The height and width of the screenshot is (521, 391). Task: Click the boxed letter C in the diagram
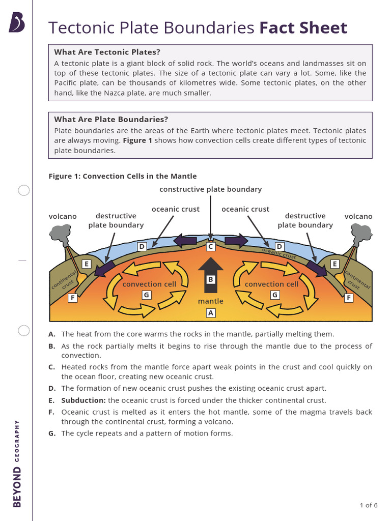(210, 247)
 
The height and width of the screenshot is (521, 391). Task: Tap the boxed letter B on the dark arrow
(210, 279)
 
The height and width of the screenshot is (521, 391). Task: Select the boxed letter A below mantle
(210, 313)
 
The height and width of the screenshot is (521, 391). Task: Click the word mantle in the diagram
(210, 301)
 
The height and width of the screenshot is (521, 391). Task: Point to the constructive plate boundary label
(210, 189)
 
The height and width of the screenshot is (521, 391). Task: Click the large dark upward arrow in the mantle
(210, 275)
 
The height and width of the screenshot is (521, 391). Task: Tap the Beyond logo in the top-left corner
(17, 23)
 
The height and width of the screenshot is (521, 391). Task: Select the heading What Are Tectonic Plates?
(107, 52)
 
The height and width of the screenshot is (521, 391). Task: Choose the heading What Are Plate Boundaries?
(111, 120)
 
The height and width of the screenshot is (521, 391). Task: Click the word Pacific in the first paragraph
(68, 83)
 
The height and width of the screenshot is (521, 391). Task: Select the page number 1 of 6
(368, 505)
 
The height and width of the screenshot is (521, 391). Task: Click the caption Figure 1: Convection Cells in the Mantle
(122, 176)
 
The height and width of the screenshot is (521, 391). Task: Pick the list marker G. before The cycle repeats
(51, 433)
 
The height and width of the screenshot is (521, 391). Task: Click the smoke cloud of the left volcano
(60, 233)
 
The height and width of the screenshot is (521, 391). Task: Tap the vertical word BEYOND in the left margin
(17, 487)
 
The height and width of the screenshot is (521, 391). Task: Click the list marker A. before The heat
(51, 334)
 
